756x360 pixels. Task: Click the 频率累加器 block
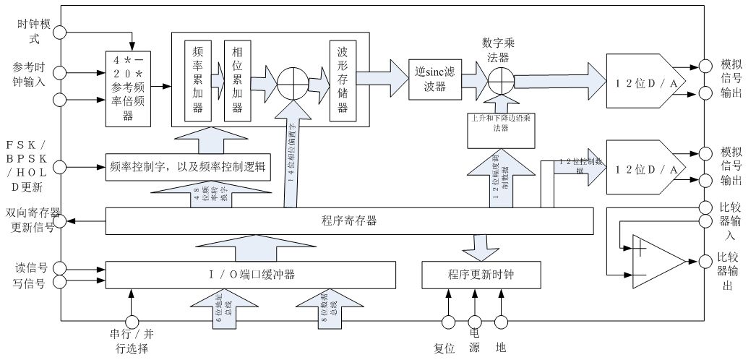tap(197, 80)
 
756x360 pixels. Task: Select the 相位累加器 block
tap(236, 80)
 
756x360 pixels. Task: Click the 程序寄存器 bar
tap(349, 221)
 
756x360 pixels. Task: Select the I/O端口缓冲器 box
tap(252, 275)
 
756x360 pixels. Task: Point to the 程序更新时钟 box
tap(476, 275)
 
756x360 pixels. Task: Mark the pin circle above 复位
tap(448, 321)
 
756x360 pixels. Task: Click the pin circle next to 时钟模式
tap(59, 32)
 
